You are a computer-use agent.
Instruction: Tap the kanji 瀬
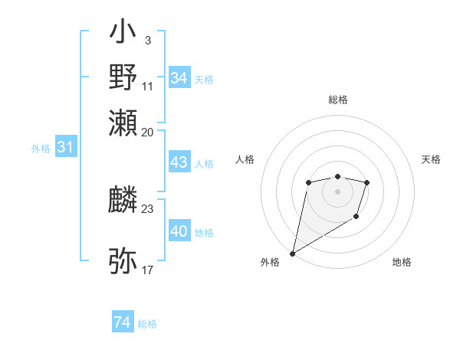[x=123, y=122]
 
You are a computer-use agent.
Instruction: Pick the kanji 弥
[x=123, y=261]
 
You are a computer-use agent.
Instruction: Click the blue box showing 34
[x=179, y=78]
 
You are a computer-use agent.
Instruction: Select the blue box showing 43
[x=179, y=163]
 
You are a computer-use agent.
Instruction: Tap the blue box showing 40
[x=179, y=231]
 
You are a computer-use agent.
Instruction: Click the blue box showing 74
[x=122, y=322]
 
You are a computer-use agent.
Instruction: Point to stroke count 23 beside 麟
[x=147, y=208]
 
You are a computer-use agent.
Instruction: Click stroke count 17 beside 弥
[x=147, y=270]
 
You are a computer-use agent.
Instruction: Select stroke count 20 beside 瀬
[x=147, y=131]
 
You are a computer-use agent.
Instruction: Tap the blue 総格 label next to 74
[x=147, y=324]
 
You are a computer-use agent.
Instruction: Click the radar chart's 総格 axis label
[x=337, y=100]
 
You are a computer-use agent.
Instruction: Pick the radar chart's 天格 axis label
[x=431, y=159]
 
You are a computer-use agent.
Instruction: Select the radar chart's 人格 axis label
[x=245, y=159]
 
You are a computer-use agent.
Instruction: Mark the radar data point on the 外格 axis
[x=293, y=253]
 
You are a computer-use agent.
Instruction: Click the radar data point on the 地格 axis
[x=357, y=218]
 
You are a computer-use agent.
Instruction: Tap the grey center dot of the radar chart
[x=337, y=191]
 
